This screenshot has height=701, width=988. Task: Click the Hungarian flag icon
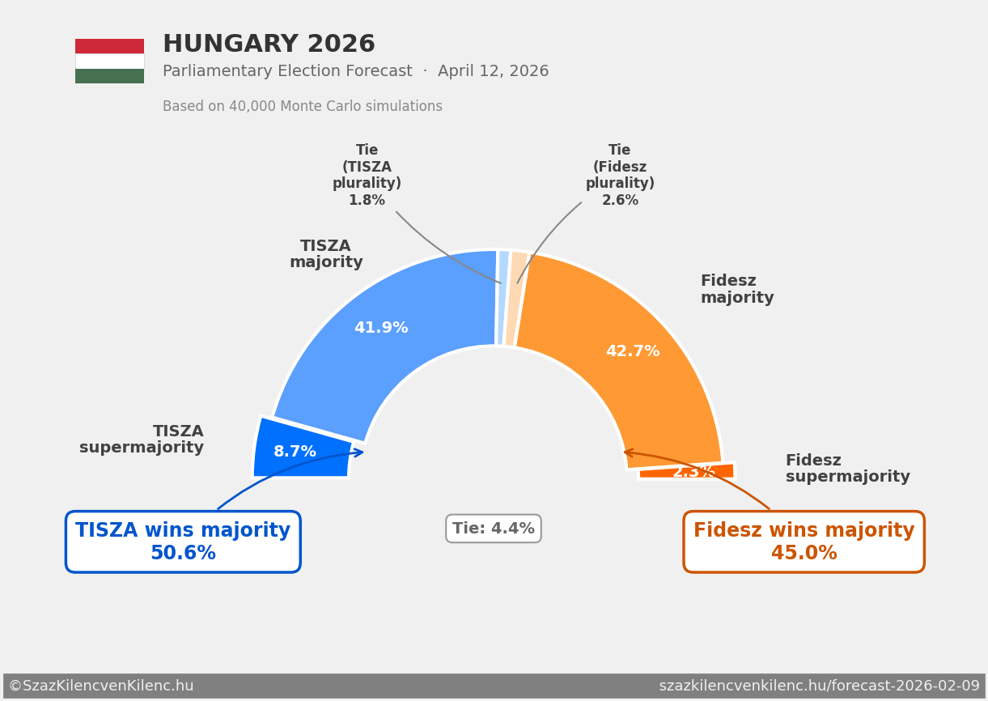[x=109, y=61]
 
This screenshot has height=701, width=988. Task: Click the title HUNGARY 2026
[x=269, y=45]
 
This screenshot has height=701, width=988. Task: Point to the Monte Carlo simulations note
[x=302, y=107]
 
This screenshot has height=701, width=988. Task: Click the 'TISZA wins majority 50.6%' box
[x=183, y=542]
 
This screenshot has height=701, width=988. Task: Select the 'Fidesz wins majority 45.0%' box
[x=804, y=542]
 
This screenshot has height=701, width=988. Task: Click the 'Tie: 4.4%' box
[x=494, y=529]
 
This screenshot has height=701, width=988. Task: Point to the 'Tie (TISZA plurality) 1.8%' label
[x=367, y=176]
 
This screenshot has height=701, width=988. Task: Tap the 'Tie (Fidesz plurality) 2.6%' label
[x=620, y=176]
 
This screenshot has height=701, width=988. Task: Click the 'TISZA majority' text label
[x=326, y=254]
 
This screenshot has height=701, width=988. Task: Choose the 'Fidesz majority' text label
[x=736, y=290]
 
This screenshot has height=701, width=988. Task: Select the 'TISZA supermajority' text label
[x=142, y=440]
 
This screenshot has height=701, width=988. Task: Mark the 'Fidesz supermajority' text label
[x=846, y=469]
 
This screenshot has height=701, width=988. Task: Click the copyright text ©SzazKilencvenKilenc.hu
[x=101, y=686]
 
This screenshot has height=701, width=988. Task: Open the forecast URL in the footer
[x=819, y=686]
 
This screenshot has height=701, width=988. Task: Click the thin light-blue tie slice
[x=503, y=298]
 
